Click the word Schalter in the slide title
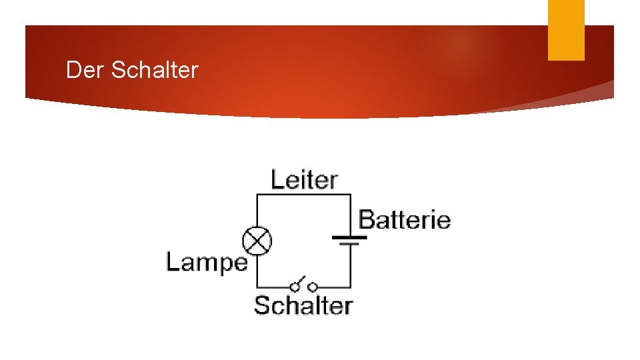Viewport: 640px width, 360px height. click(x=155, y=70)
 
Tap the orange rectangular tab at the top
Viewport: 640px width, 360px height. click(x=566, y=30)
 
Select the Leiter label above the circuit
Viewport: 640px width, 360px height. click(x=304, y=179)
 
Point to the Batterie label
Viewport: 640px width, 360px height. click(x=405, y=219)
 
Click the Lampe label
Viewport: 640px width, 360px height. click(x=206, y=262)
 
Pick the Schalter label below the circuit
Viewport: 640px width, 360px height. click(x=303, y=305)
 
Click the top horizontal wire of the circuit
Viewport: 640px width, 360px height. click(x=303, y=194)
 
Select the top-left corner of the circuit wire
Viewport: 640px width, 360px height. click(x=257, y=194)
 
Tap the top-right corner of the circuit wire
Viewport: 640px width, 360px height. click(x=350, y=194)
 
